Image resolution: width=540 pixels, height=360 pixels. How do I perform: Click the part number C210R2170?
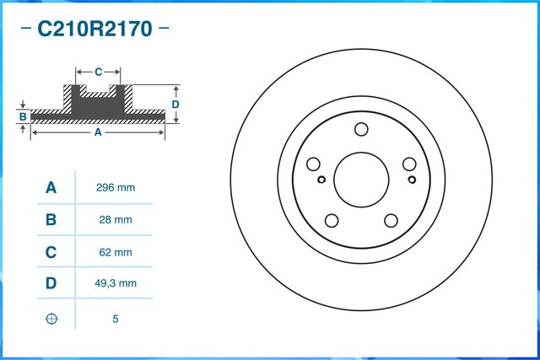point(94,30)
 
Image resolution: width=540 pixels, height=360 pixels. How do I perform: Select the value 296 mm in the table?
point(116,188)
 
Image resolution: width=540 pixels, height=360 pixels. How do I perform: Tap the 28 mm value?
point(116,220)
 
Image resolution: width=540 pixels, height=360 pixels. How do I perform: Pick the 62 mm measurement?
point(116,252)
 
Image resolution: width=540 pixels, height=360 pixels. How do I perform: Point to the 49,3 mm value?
point(116,284)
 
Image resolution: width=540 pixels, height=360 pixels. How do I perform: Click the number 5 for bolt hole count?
point(116,319)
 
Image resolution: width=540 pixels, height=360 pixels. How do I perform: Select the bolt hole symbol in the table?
point(51,319)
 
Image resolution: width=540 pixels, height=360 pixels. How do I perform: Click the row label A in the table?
point(51,188)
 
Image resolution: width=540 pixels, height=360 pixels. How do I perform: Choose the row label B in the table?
point(51,220)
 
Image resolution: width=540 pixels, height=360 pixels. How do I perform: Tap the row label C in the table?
point(51,252)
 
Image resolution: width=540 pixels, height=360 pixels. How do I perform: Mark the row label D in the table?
point(51,284)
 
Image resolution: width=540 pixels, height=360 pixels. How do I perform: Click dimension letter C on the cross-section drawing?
point(98,72)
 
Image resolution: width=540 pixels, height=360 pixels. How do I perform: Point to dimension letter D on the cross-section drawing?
point(175,104)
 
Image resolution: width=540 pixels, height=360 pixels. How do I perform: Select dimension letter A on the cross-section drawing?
point(98,132)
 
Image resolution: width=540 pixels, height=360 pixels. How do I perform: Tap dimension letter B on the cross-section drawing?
point(24,116)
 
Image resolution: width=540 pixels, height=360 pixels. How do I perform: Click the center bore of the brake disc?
point(361,178)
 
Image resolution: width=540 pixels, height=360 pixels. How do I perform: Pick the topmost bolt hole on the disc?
point(361,129)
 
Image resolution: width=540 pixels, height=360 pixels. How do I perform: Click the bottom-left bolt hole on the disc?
point(332,221)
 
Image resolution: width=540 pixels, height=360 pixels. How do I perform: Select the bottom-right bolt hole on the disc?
point(391,221)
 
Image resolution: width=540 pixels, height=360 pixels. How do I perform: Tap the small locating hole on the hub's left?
point(321,179)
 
